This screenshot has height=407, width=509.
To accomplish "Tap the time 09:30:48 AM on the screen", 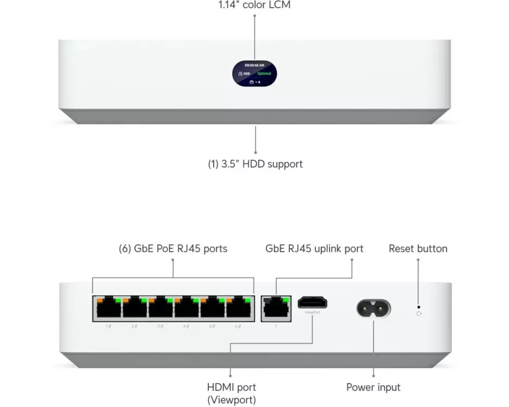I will (254, 65).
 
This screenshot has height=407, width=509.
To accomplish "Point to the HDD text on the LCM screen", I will (247, 73).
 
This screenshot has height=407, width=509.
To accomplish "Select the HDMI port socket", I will (313, 303).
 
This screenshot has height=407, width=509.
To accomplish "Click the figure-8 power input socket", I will (374, 309).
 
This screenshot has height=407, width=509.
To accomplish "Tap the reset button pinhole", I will (418, 307).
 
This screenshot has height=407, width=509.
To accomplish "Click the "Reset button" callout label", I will (418, 249).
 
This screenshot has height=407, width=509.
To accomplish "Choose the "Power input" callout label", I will (373, 387).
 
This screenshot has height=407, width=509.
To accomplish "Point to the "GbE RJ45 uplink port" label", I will (314, 249).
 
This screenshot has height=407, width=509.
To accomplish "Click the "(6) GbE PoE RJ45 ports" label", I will (173, 249).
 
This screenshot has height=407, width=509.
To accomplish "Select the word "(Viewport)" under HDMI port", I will (231, 400).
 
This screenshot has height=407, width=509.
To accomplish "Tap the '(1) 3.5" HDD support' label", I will (255, 164).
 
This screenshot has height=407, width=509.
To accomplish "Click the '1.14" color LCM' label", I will (254, 5).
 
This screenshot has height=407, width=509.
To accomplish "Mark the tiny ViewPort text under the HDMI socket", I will (313, 313).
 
